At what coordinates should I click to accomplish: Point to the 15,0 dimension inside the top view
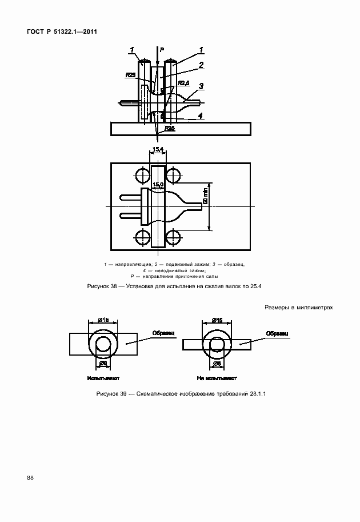pos(158,185)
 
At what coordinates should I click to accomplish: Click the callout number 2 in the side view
pos(201,65)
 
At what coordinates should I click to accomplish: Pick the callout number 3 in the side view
pos(201,86)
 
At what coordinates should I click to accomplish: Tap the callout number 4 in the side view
pos(200,115)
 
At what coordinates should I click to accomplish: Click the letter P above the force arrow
pos(162,50)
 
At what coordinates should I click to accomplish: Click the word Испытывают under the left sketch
pos(103,378)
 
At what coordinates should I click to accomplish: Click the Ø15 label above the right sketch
pos(217,320)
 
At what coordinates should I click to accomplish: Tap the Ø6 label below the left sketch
pos(103,364)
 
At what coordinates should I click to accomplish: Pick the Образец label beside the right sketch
pos(277,332)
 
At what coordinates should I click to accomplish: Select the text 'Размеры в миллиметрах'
pos(298,307)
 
